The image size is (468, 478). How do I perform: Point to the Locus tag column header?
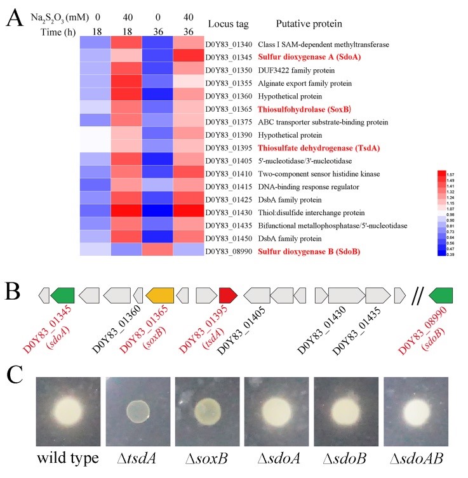[x=229, y=24]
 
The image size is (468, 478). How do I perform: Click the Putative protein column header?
[x=309, y=24]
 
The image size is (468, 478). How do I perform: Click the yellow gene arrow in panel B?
[x=159, y=295]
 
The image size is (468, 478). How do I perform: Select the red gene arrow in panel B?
[x=228, y=295]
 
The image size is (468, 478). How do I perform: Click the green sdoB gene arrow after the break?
[x=441, y=295]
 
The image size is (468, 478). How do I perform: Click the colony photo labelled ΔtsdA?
[x=136, y=411]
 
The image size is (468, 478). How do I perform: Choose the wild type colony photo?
[x=66, y=411]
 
